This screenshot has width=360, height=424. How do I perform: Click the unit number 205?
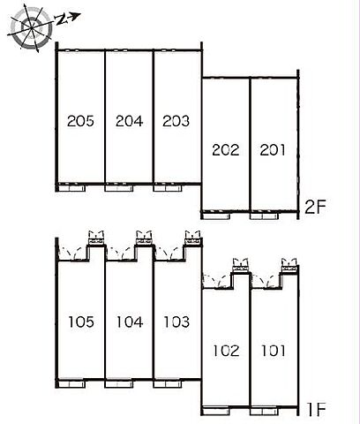tap(80, 121)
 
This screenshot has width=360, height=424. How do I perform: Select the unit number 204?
tap(129, 121)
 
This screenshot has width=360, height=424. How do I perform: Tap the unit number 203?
tap(176, 121)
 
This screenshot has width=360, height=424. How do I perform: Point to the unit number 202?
tap(226, 150)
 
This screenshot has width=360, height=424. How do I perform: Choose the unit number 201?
tap(273, 150)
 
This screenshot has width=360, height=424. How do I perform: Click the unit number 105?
tap(81, 322)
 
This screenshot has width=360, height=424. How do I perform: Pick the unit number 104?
tap(130, 322)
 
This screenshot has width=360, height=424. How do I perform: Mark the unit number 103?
tap(176, 322)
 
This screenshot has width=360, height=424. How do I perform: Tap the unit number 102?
tap(226, 351)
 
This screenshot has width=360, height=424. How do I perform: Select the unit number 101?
tap(274, 351)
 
